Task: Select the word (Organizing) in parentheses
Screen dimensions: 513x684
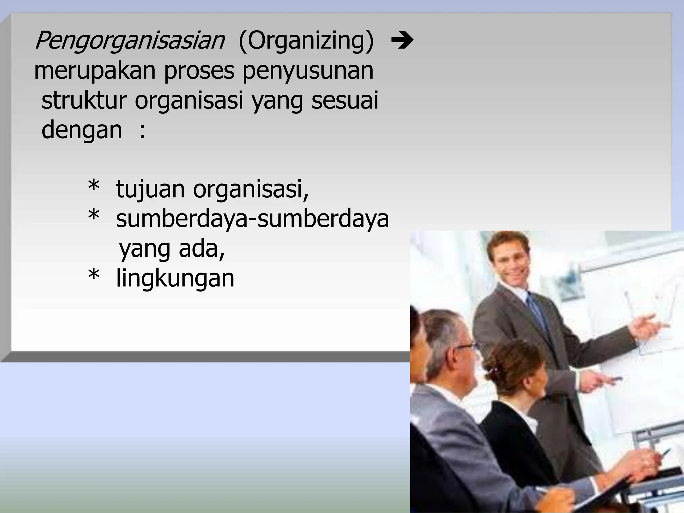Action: tap(306, 41)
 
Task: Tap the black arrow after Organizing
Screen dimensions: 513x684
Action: tap(402, 41)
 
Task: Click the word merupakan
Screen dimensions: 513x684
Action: tap(95, 71)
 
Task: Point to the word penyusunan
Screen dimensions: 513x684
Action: tap(308, 71)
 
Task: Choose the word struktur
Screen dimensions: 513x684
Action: tap(84, 100)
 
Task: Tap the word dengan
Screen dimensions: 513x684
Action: tap(82, 130)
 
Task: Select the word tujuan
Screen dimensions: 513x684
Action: tap(150, 189)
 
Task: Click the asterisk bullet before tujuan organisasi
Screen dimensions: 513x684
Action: tap(94, 186)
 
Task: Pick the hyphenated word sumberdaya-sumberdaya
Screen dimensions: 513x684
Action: tap(252, 219)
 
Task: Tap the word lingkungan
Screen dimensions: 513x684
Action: tap(175, 279)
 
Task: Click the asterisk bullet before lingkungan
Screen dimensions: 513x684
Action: tap(94, 275)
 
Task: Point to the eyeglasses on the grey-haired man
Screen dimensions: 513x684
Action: tap(466, 347)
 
